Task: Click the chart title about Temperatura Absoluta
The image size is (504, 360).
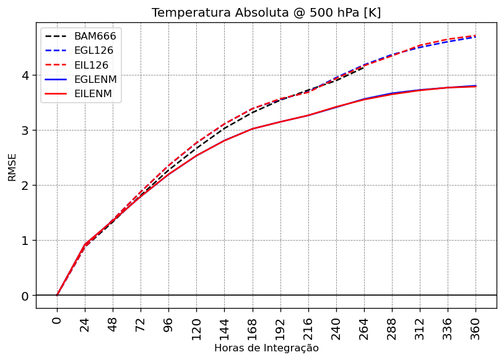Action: pos(266,13)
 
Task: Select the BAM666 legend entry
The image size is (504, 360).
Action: pos(95,35)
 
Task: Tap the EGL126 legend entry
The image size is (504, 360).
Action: pos(95,50)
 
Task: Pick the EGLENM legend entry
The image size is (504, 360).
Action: pos(95,79)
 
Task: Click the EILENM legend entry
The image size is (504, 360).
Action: pos(94,94)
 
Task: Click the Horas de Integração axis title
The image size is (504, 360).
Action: pos(266,348)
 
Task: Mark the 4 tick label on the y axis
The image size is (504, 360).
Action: pos(25,75)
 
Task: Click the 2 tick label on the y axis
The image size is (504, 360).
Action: pos(25,186)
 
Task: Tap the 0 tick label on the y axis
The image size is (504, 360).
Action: pos(25,296)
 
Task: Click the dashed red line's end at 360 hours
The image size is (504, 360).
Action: pos(476,36)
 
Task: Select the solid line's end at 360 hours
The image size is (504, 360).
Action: pos(476,86)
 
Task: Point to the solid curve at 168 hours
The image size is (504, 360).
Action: pos(253,129)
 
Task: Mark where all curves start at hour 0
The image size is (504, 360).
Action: pos(57,295)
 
